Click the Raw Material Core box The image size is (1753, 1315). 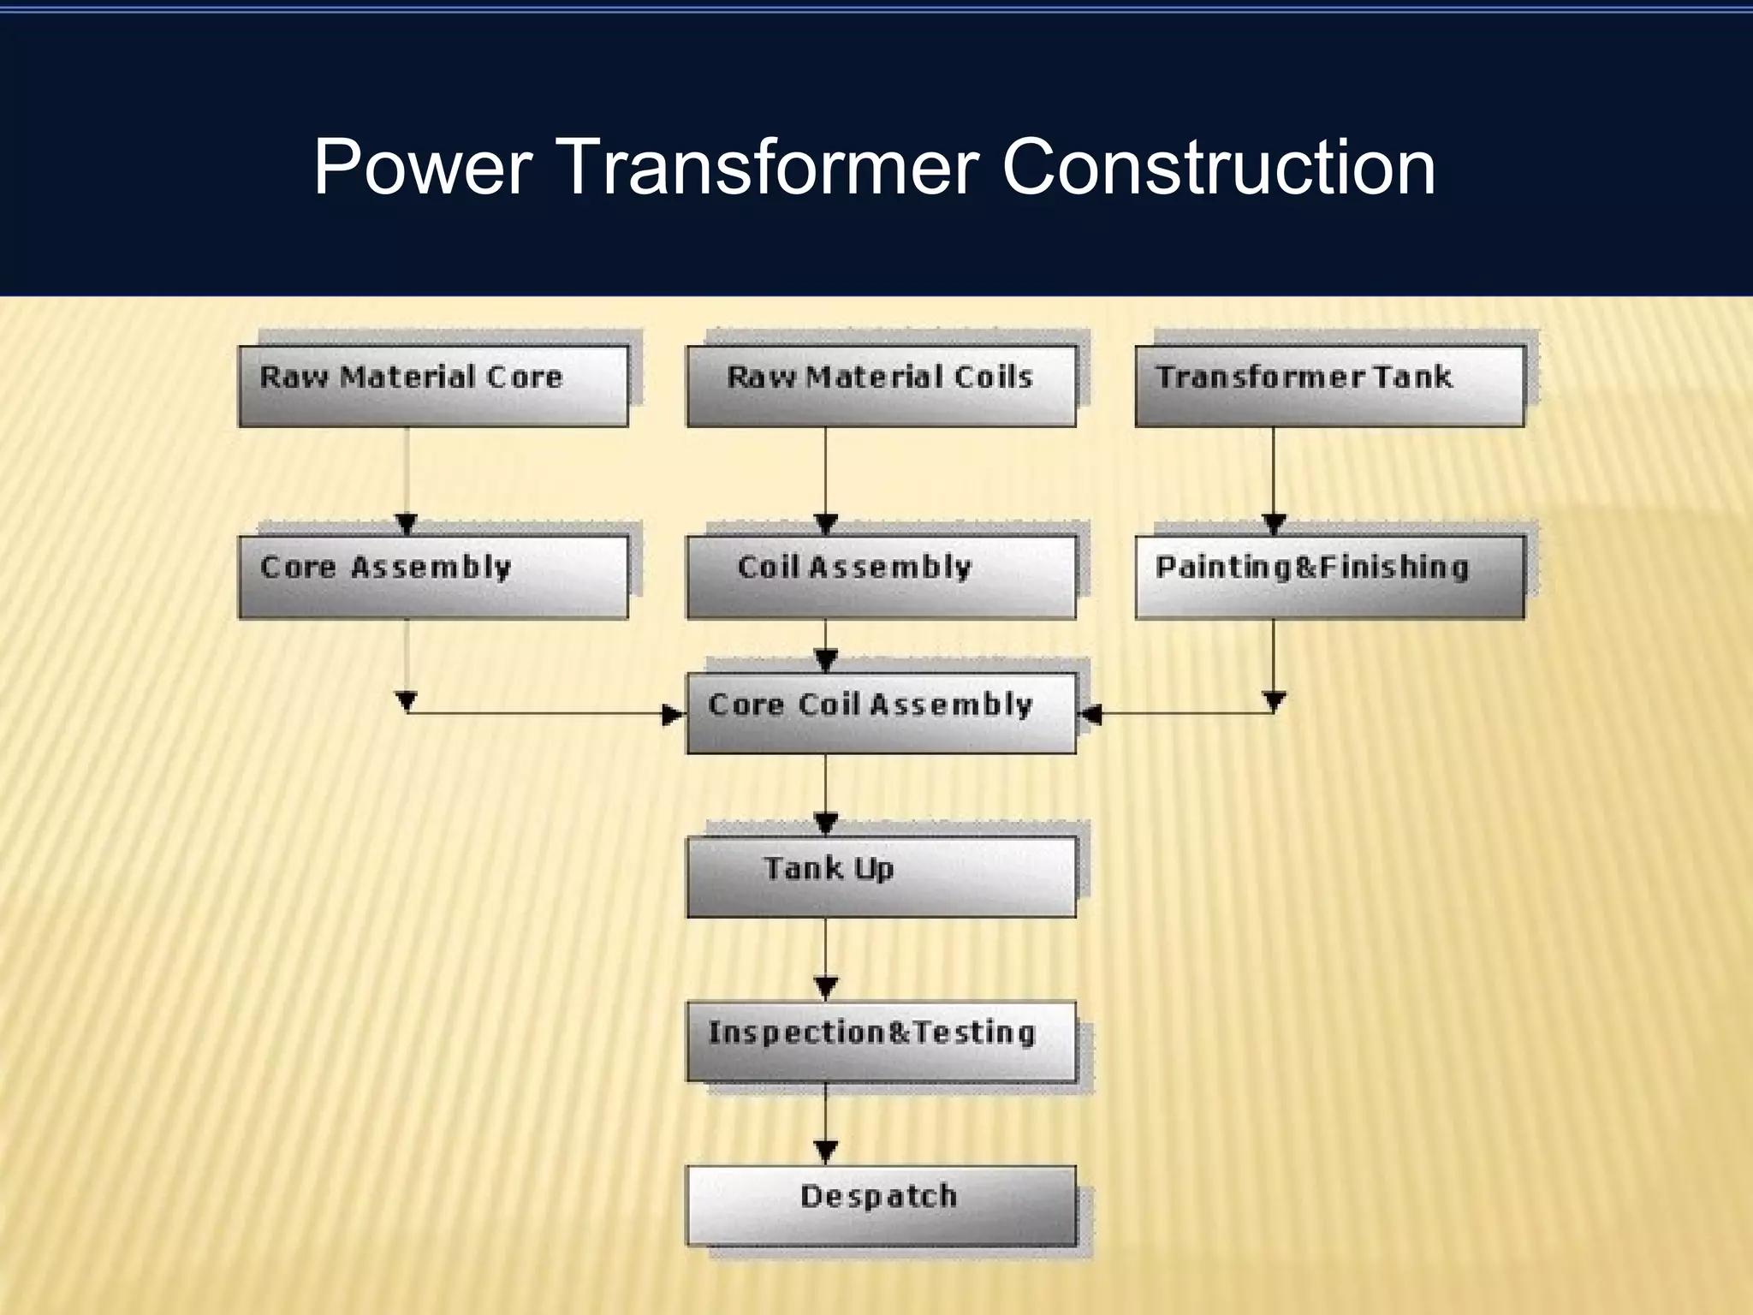(x=433, y=385)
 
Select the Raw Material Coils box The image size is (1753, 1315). (x=881, y=385)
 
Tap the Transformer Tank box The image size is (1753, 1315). (x=1329, y=385)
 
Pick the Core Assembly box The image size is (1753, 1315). (x=433, y=576)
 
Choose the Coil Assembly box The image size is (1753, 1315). (x=881, y=576)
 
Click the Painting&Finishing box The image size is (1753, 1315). (x=1329, y=576)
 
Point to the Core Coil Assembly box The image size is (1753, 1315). (x=881, y=712)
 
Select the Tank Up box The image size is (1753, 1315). (x=881, y=877)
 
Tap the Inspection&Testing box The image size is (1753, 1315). (x=881, y=1041)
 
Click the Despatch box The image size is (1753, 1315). (x=881, y=1205)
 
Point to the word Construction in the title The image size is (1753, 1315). (x=1218, y=166)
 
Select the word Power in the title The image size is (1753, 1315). (x=423, y=166)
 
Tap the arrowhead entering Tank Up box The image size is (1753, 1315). (x=826, y=824)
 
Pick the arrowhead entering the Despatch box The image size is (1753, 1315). (x=826, y=1152)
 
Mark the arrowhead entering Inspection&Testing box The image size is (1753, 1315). (x=826, y=988)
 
